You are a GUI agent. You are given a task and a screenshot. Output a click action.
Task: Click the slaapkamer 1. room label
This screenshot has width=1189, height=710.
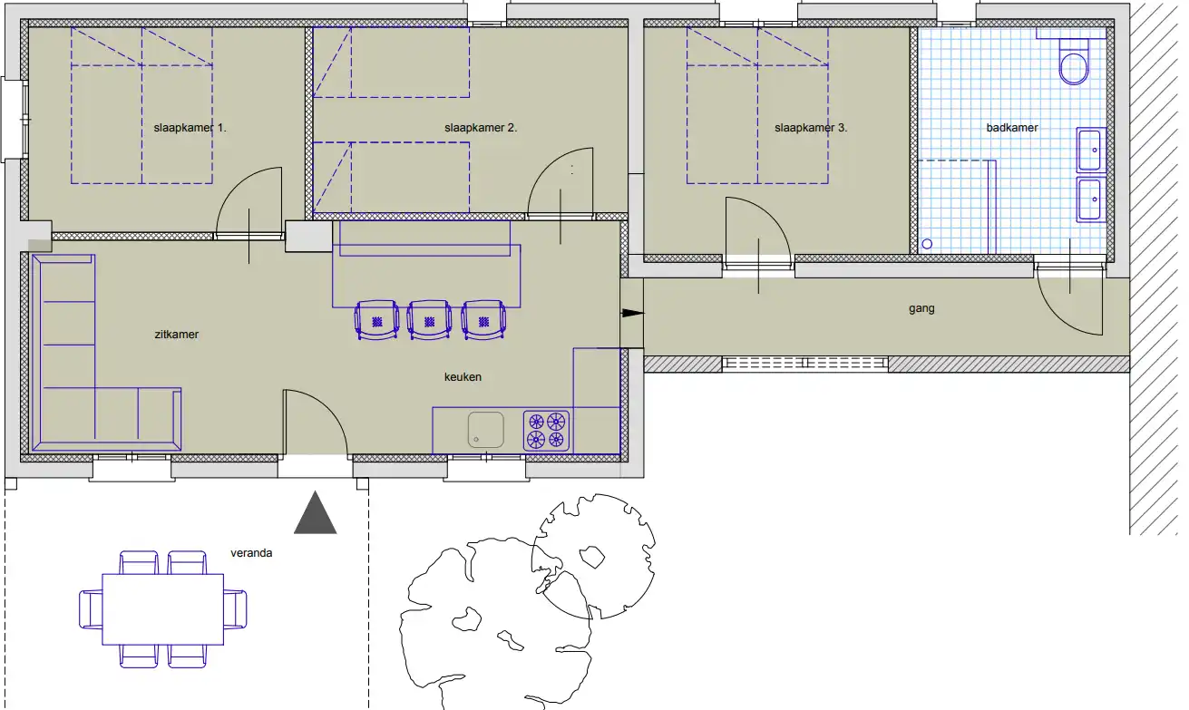[x=190, y=128]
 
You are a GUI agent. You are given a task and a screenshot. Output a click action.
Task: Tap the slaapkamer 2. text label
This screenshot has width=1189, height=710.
[x=481, y=128]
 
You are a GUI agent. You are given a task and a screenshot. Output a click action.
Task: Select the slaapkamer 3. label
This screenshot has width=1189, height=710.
[x=811, y=128]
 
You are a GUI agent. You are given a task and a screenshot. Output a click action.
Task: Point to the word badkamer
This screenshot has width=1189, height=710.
[x=1012, y=128]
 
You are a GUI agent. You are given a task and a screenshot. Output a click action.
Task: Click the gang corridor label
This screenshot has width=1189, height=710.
[x=921, y=309]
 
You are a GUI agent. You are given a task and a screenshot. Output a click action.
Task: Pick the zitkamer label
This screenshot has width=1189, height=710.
[x=177, y=335]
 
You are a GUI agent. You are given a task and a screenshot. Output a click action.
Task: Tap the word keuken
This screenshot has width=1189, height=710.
[x=463, y=376]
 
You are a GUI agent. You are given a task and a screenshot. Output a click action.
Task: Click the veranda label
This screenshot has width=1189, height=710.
[x=251, y=553]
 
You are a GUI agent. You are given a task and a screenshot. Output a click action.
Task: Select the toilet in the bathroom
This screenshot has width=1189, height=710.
[x=1073, y=61]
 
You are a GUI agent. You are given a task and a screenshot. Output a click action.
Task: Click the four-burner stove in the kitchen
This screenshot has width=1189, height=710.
[x=546, y=431]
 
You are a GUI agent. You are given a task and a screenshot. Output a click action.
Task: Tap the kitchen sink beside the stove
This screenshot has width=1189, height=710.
[x=486, y=430]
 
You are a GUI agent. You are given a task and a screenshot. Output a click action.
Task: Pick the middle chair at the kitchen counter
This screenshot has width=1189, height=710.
[x=429, y=319]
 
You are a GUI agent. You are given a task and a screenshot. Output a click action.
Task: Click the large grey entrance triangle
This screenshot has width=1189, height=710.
[x=316, y=512]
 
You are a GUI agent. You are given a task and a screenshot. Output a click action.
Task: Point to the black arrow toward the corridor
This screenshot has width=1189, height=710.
[x=633, y=313]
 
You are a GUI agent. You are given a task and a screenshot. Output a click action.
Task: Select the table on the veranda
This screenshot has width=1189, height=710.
[x=163, y=609]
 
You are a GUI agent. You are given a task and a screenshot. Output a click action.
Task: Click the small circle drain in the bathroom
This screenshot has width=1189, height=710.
[x=927, y=244]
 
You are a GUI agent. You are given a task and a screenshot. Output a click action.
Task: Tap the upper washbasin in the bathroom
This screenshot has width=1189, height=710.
[x=1091, y=151]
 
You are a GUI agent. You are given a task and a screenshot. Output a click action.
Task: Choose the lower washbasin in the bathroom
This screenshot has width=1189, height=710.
[x=1091, y=199]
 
